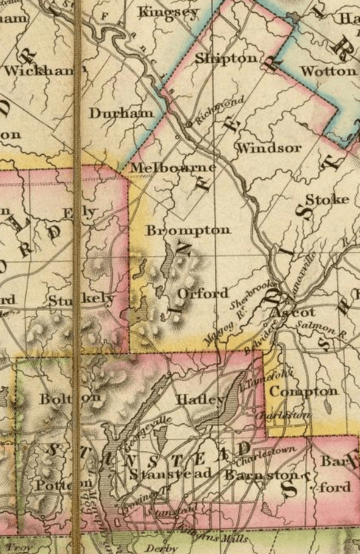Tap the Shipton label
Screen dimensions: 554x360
point(226,58)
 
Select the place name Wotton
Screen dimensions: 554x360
point(327,70)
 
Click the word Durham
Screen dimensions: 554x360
point(121,113)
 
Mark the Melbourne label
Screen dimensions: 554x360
point(172,168)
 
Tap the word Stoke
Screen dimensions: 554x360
point(326,200)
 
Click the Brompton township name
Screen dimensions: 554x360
point(188,229)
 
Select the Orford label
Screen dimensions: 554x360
point(202,293)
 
